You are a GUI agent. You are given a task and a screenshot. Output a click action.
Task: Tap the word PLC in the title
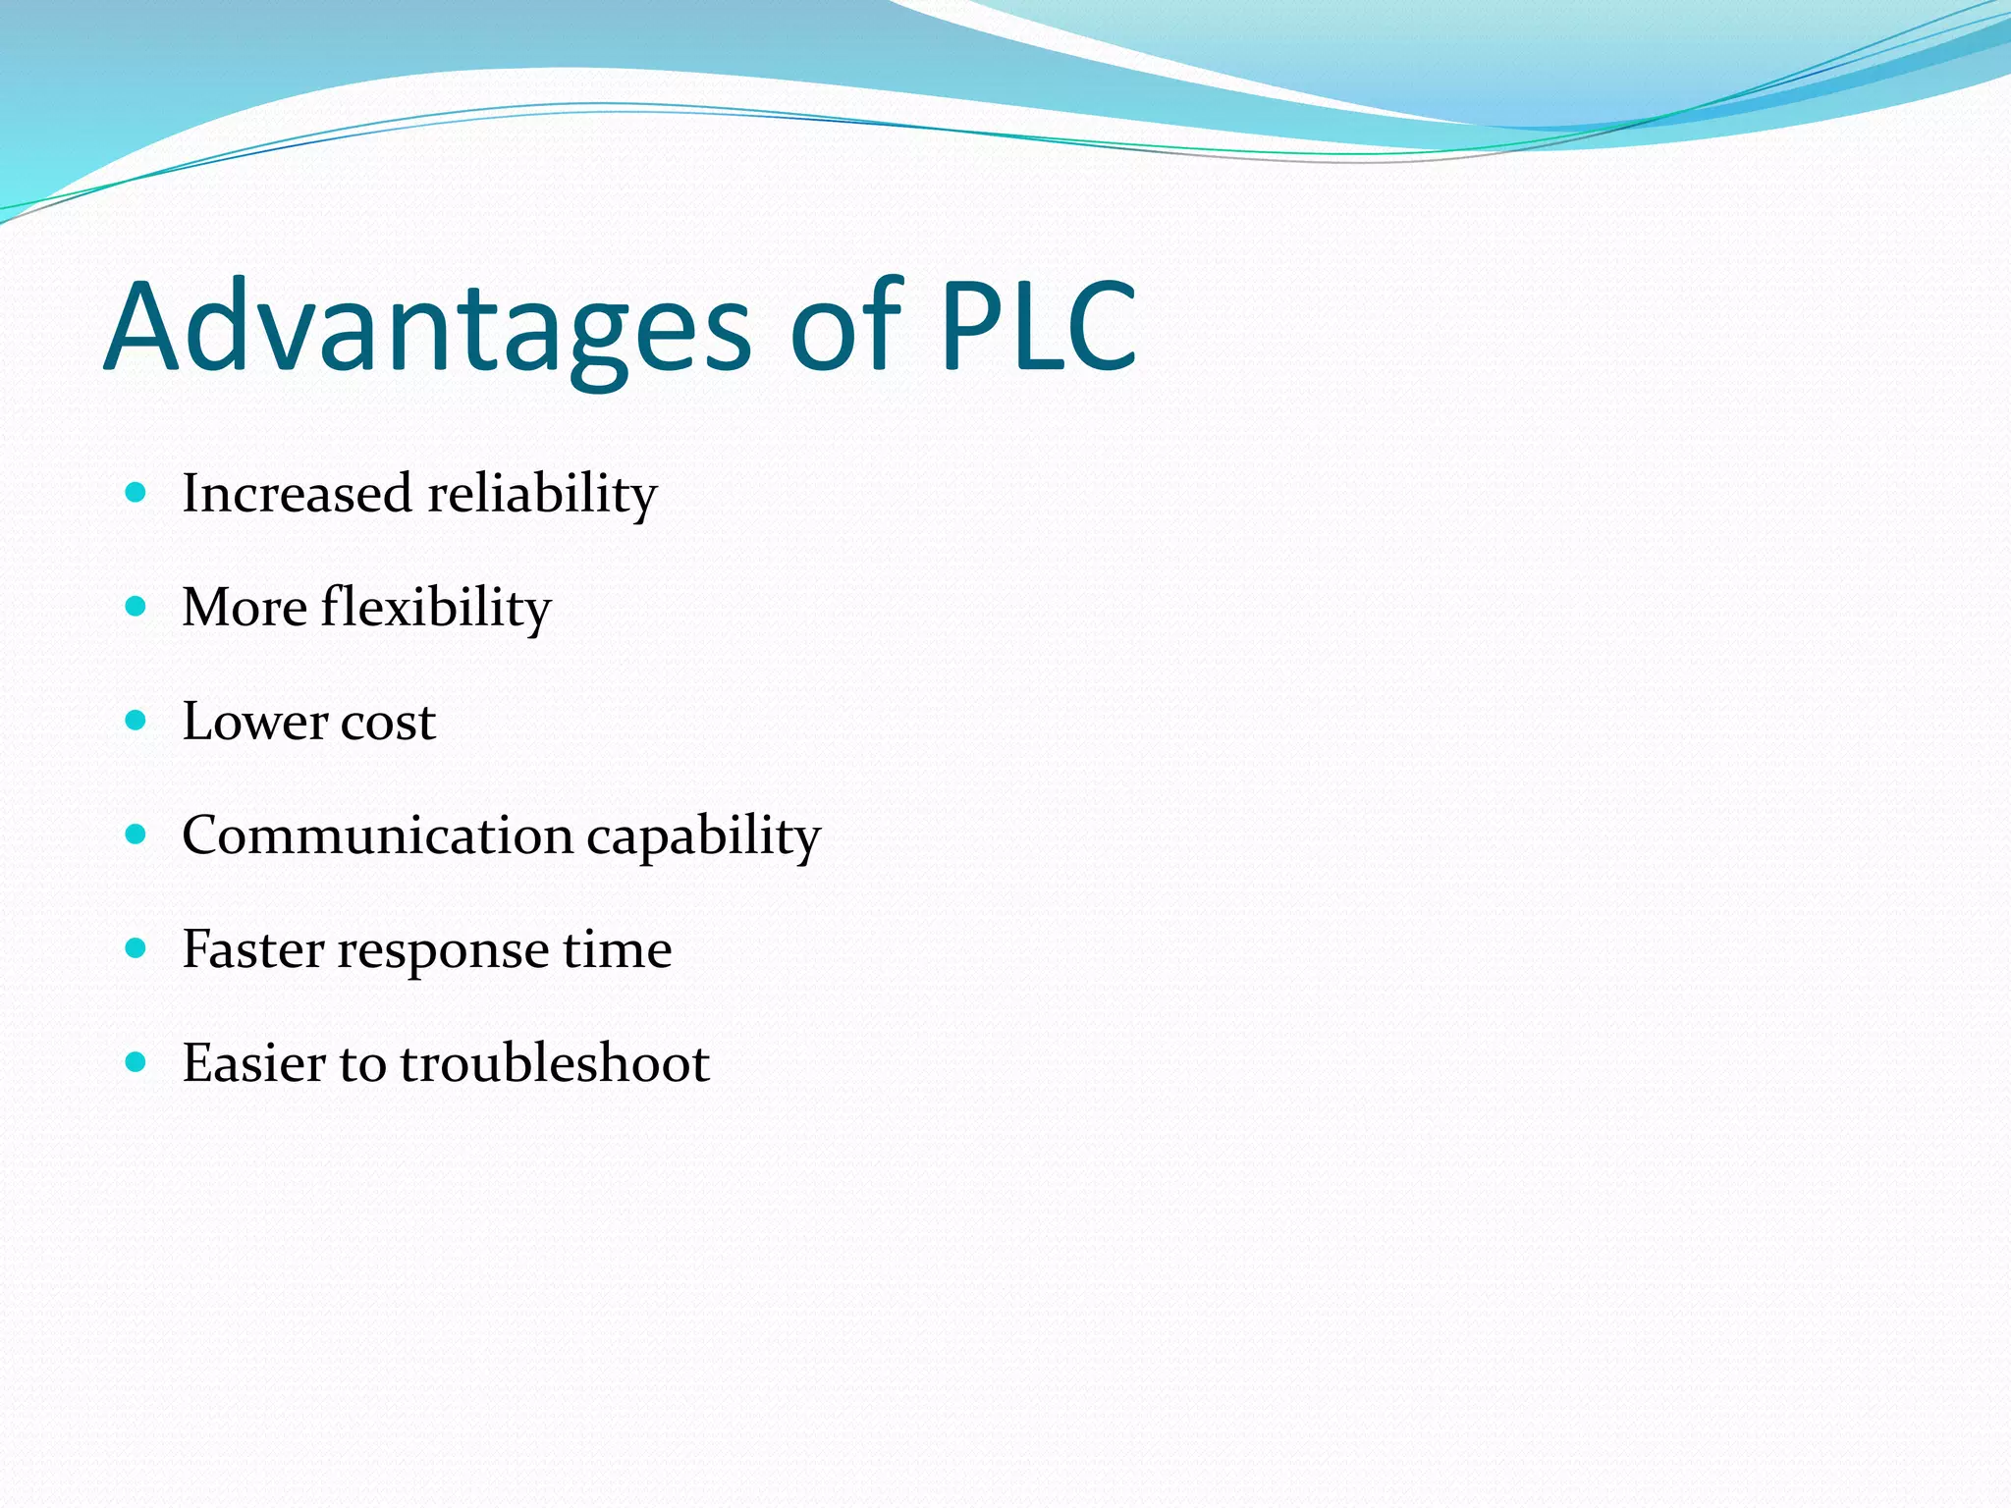tap(1039, 326)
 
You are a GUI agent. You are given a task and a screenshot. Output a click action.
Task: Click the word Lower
tap(254, 722)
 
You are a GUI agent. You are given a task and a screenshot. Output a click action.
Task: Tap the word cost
tap(388, 723)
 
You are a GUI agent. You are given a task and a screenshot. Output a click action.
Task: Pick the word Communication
tap(377, 835)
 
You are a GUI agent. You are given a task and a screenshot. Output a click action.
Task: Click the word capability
tap(703, 837)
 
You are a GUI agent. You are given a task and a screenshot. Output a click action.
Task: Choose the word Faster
tap(253, 949)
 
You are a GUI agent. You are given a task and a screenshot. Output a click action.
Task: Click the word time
tap(617, 949)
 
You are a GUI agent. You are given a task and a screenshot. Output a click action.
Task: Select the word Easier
tap(252, 1063)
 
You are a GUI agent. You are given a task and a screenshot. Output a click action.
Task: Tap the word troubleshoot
tap(555, 1063)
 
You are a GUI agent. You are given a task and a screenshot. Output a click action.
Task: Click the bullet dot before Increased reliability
tap(136, 492)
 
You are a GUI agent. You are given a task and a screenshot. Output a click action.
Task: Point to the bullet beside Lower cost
tap(136, 721)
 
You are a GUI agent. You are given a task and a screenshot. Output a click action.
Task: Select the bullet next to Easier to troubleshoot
tap(136, 1062)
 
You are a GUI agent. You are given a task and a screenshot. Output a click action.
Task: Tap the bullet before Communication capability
tap(136, 835)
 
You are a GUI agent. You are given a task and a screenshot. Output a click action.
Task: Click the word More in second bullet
tap(245, 608)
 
